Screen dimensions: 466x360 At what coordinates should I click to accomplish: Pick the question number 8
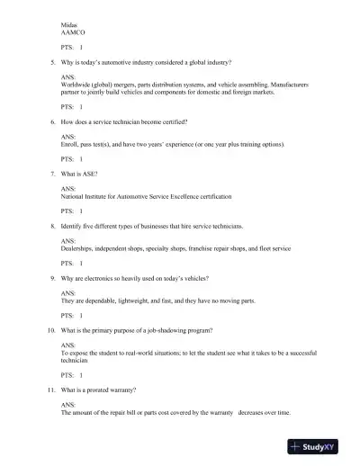point(52,225)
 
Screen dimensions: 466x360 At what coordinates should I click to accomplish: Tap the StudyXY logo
point(320,447)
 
